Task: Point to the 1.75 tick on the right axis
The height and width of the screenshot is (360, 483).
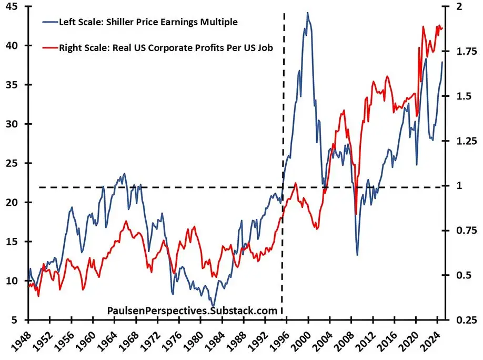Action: pyautogui.click(x=462, y=52)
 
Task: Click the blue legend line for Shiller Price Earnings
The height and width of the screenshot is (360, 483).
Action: pyautogui.click(x=50, y=22)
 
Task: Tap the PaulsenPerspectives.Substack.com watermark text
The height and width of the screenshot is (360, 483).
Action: pyautogui.click(x=192, y=311)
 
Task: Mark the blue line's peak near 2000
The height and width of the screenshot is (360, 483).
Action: pyautogui.click(x=308, y=13)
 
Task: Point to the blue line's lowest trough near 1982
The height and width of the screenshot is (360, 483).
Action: pyautogui.click(x=213, y=307)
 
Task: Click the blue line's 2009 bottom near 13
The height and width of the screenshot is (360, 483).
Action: pyautogui.click(x=357, y=255)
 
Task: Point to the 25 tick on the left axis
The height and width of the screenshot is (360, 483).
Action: pyautogui.click(x=12, y=163)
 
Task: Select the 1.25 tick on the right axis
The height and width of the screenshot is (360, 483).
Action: pyautogui.click(x=462, y=141)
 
